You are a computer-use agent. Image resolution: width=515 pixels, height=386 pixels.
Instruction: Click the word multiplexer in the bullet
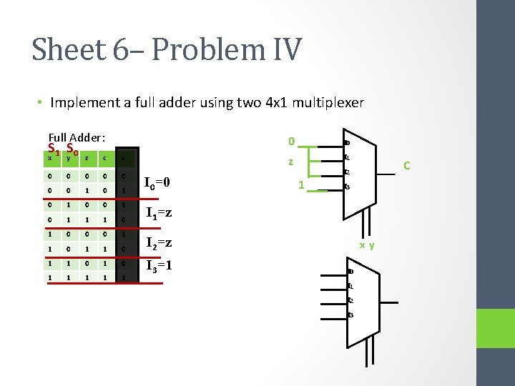328,102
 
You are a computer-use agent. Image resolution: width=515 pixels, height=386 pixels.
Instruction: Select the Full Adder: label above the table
77,137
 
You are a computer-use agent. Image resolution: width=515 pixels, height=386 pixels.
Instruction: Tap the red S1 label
53,149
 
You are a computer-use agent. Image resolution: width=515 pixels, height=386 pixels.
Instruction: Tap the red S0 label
72,149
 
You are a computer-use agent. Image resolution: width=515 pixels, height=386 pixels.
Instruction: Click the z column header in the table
86,159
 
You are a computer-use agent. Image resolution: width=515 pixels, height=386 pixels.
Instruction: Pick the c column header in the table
104,159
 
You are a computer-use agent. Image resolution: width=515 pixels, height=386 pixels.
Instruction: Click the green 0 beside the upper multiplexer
290,140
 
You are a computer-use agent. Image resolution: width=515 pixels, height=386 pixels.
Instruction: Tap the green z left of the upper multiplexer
290,162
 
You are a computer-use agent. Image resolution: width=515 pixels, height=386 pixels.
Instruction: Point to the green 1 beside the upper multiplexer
301,185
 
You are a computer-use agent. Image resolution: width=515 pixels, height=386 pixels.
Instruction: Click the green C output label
406,167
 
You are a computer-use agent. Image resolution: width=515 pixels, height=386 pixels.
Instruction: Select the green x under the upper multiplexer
362,245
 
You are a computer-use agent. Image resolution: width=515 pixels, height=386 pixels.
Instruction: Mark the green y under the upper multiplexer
372,245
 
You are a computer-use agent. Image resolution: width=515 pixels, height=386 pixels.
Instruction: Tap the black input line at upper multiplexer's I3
332,187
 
